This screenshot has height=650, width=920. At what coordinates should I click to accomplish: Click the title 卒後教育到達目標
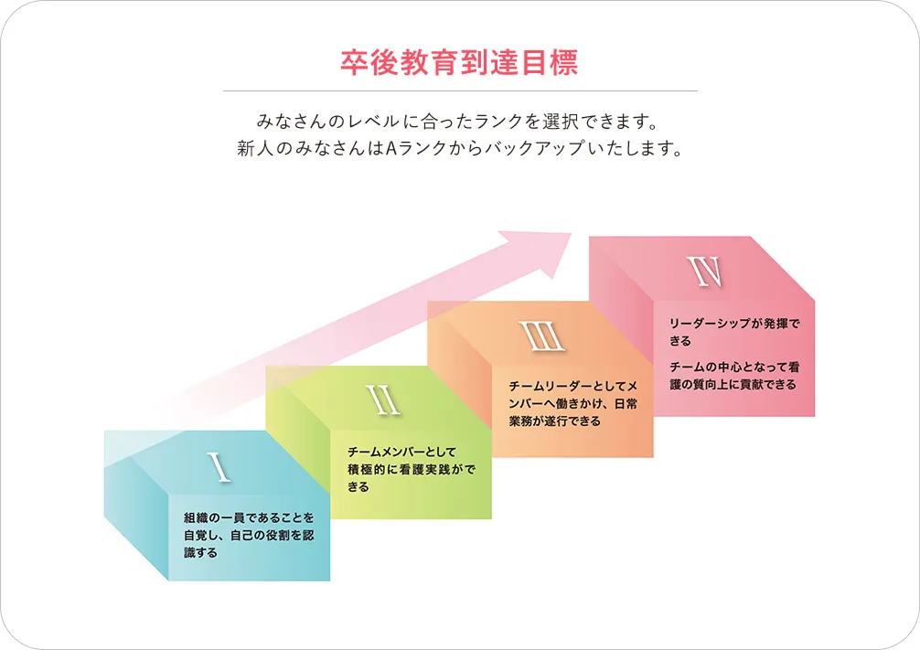tap(459, 63)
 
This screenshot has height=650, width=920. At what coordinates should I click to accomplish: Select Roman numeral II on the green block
tap(383, 400)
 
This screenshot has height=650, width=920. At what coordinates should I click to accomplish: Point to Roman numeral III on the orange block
tap(541, 336)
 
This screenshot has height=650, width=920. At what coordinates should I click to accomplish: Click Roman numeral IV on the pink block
tap(705, 272)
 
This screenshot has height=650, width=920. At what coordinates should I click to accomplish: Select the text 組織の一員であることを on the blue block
tap(249, 518)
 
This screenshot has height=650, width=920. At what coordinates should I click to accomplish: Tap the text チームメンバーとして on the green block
tap(401, 452)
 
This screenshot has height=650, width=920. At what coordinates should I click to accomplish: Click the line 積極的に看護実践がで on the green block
tap(412, 469)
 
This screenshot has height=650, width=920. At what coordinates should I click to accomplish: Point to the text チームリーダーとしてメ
tap(572, 386)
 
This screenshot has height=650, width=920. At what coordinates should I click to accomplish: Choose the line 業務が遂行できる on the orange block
tap(554, 421)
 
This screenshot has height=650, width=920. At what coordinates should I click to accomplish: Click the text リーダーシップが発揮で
tap(734, 324)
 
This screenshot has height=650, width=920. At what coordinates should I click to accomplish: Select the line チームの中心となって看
tap(734, 368)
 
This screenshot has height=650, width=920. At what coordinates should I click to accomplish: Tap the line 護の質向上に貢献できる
tap(733, 385)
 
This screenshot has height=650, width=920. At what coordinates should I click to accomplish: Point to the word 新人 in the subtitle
tap(255, 148)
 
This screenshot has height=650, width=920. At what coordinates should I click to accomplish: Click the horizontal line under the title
tap(461, 91)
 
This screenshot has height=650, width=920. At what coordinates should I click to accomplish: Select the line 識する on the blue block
tap(200, 553)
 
